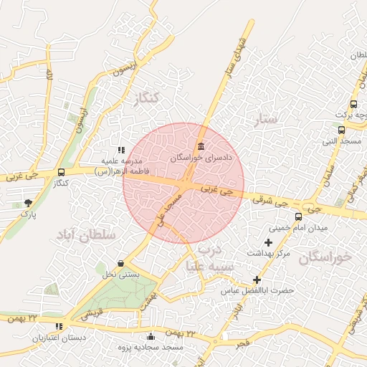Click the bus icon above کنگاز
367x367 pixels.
click(61, 173)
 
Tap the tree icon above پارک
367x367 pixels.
click(28, 204)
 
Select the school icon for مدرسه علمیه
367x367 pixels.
click(120, 150)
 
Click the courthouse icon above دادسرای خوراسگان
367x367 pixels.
click(201, 146)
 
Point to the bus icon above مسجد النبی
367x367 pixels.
click(342, 130)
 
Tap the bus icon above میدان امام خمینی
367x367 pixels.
click(298, 216)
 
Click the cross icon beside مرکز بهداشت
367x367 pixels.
click(269, 242)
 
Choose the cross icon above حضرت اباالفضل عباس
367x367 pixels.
click(257, 280)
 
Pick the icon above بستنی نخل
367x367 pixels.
click(120, 264)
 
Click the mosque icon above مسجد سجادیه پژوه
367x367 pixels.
click(150, 336)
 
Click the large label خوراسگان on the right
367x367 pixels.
click(326, 257)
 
